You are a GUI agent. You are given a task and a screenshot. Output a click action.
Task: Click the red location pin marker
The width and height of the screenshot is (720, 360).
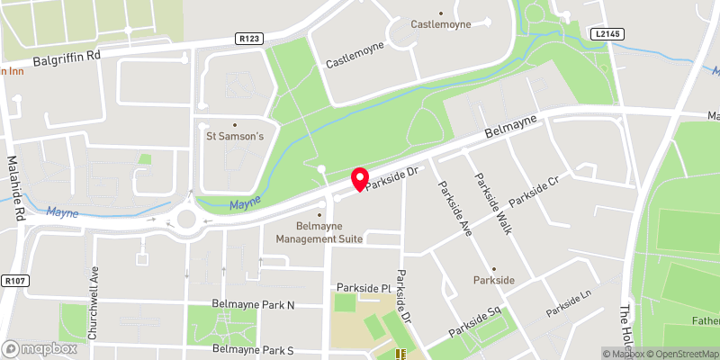pos(360,178)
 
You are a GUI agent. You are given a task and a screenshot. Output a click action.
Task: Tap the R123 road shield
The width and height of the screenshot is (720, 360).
pos(250,39)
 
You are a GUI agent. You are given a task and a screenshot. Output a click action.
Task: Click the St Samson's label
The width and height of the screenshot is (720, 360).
pos(235,137)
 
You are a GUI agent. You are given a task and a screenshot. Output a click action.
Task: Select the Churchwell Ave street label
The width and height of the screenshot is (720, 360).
pos(93,302)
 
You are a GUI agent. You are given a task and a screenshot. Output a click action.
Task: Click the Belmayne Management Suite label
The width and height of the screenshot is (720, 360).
pos(319,232)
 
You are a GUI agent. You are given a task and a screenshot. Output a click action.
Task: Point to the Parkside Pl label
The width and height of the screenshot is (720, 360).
pos(361,288)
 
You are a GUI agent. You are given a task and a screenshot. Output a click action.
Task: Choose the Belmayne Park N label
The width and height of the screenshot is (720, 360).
pos(253,305)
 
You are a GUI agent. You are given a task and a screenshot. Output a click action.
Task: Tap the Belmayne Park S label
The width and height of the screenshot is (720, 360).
pos(253,348)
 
